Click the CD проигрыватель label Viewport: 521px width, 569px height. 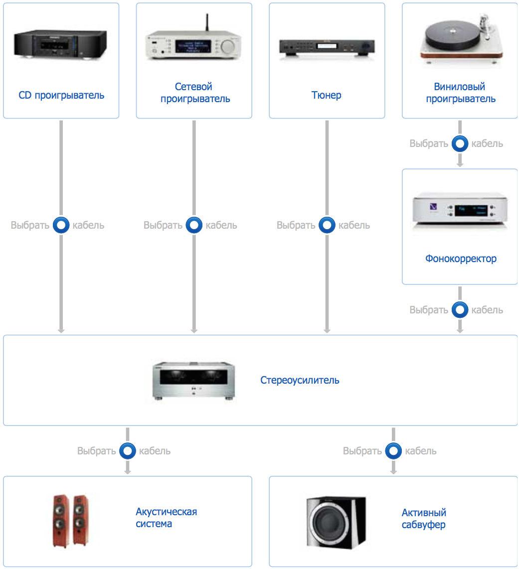[x=61, y=95]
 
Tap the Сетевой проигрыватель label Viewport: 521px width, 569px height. [x=194, y=93]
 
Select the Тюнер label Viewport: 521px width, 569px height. [x=327, y=95]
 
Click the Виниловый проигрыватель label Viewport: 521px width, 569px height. [x=460, y=93]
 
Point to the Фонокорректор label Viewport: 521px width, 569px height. [x=461, y=259]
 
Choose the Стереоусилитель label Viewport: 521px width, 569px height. [x=300, y=380]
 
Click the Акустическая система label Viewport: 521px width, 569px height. [x=167, y=518]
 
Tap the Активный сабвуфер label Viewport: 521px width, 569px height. [x=424, y=518]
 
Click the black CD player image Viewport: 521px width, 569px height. [x=61, y=45]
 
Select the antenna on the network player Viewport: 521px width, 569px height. [x=206, y=25]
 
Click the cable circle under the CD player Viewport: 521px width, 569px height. [x=61, y=225]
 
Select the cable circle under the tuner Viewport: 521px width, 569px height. [x=327, y=225]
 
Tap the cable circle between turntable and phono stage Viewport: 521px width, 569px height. [x=460, y=144]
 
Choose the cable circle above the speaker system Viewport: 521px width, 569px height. [x=127, y=451]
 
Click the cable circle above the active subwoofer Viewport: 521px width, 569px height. [x=393, y=451]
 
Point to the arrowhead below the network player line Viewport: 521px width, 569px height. [x=194, y=330]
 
